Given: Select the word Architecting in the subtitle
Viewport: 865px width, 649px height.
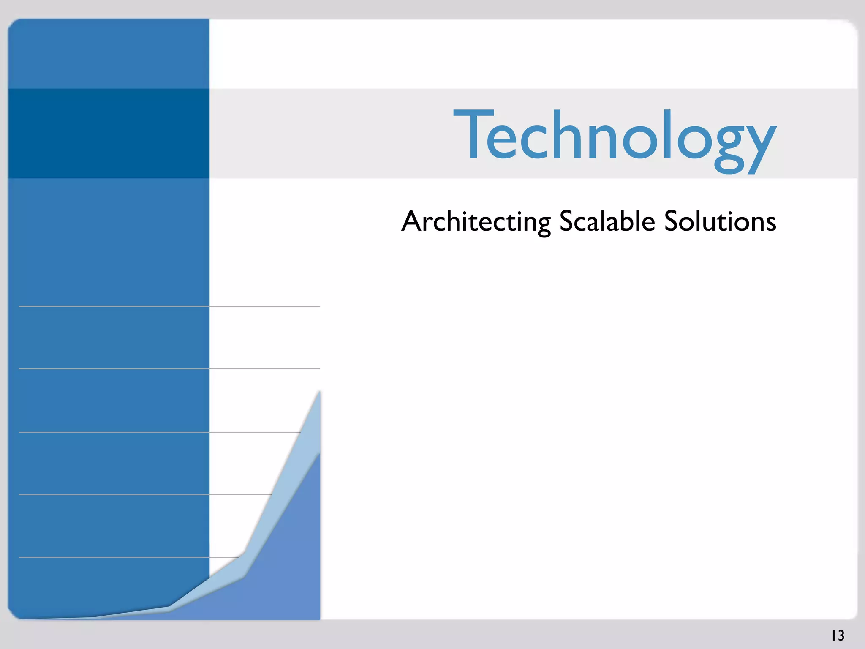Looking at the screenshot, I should tap(476, 221).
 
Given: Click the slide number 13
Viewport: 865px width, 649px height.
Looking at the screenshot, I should tap(838, 635).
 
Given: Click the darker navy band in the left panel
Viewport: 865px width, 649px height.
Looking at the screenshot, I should tap(109, 133).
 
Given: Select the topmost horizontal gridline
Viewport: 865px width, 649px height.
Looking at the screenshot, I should tap(169, 306).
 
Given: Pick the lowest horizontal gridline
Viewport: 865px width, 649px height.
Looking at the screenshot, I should tap(127, 557).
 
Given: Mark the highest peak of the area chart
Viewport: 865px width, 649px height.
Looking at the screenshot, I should tap(319, 392).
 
